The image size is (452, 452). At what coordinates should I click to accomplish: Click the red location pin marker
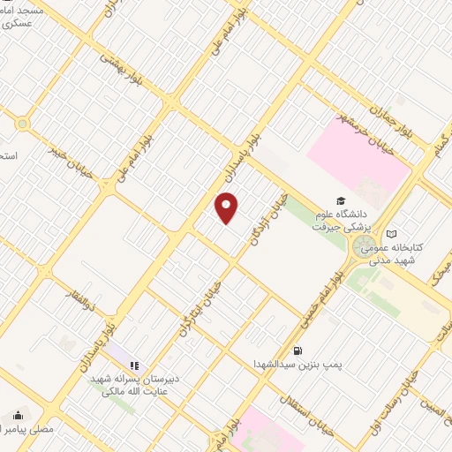pos(227,208)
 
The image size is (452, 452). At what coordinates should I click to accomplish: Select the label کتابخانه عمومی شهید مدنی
pos(418,253)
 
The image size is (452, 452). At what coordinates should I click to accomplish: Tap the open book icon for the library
pos(392,233)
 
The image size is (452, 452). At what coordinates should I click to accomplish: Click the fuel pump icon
pos(307,350)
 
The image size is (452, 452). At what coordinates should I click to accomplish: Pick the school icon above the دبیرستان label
pos(134,365)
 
